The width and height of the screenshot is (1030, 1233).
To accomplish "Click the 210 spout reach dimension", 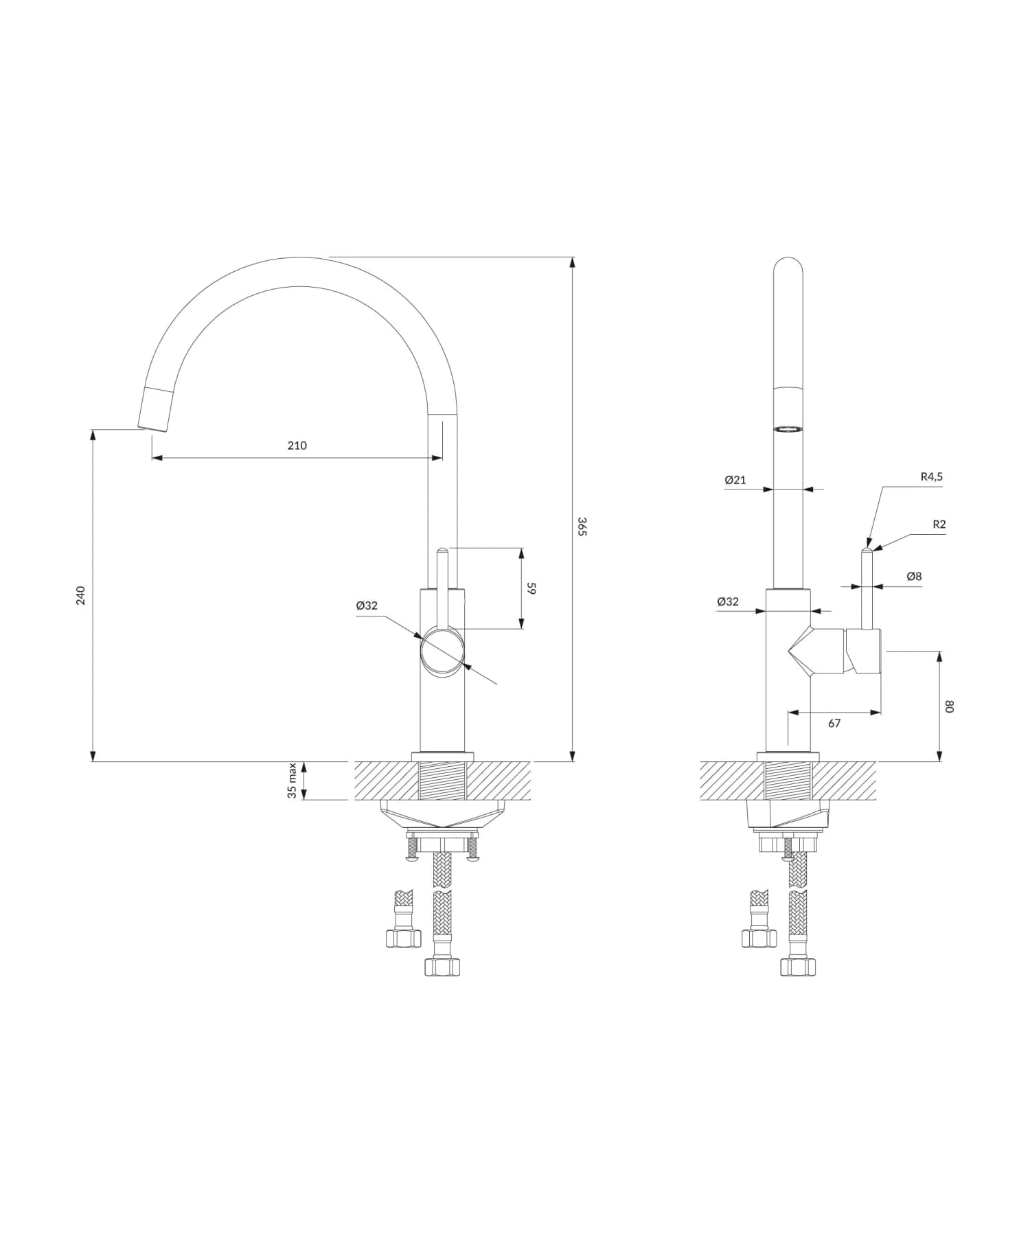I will coord(297,446).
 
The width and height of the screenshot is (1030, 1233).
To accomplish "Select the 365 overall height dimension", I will coord(582,527).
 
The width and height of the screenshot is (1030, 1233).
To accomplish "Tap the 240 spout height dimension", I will coord(81,595).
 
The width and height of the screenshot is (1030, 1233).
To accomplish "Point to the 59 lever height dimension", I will coord(531,588).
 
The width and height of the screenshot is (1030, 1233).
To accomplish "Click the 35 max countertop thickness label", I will coord(293,781).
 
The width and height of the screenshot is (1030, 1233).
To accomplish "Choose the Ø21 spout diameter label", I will coord(735,480).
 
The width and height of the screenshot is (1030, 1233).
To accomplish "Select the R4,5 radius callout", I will coord(931,476).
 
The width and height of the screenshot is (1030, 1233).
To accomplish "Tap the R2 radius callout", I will coord(939,525).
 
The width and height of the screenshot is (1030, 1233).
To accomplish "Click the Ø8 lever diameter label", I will coord(914,577).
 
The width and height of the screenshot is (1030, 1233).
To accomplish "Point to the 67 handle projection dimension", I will coord(834,723).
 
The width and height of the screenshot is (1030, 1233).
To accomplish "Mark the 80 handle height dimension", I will coord(950,706).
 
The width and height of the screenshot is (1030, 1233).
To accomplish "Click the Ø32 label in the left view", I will coord(367,606).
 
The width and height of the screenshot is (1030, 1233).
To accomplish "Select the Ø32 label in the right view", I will coord(728,601).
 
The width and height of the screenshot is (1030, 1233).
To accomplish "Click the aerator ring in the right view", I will coord(788,428).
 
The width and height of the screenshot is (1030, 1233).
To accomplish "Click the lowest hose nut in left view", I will coord(442,967).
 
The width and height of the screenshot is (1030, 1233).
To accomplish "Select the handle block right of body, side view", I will coord(864,651).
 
